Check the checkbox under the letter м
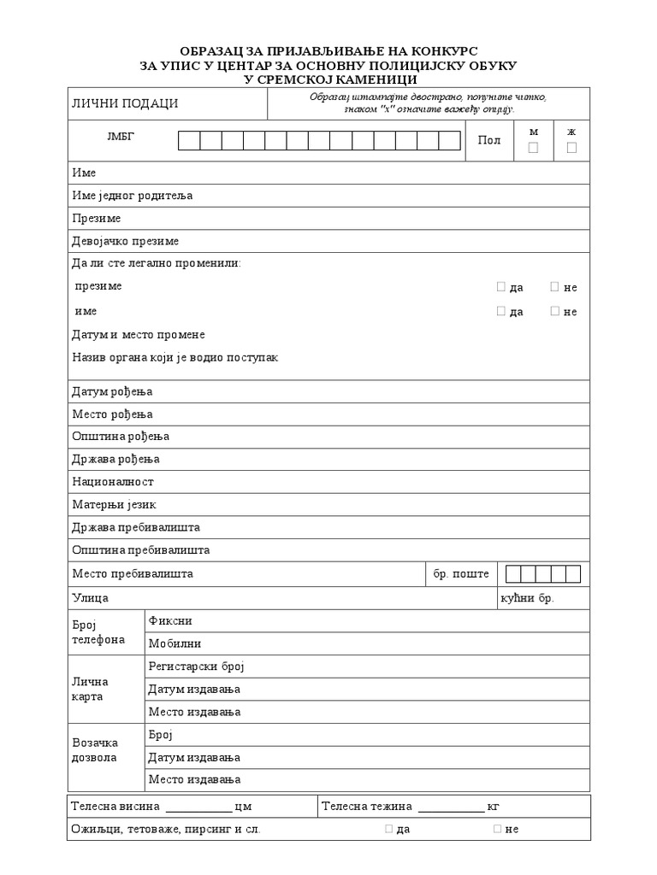tap(534, 148)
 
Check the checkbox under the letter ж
tap(571, 148)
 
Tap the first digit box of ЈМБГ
tap(189, 140)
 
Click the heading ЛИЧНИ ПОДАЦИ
tap(125, 103)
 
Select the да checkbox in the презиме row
tap(501, 287)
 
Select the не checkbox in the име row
tap(554, 311)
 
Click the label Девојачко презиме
tap(125, 241)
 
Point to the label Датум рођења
tap(112, 391)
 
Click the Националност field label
tap(113, 482)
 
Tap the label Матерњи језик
tap(114, 504)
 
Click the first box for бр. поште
tap(513, 573)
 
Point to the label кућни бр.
tap(527, 597)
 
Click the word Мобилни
tap(175, 643)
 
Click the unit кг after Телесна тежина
tap(493, 806)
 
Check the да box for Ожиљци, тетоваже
tap(389, 828)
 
